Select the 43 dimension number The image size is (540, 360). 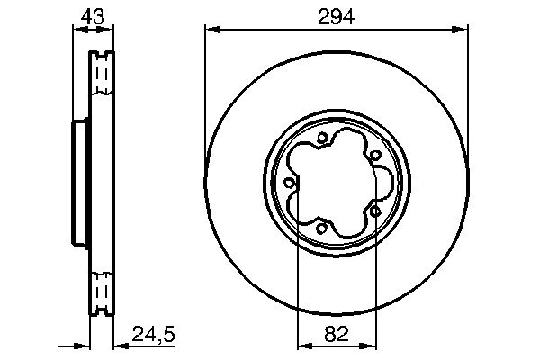click(x=92, y=16)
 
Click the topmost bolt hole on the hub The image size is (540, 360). click(x=321, y=138)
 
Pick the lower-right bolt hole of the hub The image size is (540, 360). click(x=373, y=210)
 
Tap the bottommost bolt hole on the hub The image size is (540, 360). click(x=321, y=227)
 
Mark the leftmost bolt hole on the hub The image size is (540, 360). click(x=289, y=183)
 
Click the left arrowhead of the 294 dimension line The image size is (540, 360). click(x=211, y=30)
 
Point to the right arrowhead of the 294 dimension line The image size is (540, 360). click(x=463, y=30)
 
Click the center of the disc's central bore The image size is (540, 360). click(x=335, y=183)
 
